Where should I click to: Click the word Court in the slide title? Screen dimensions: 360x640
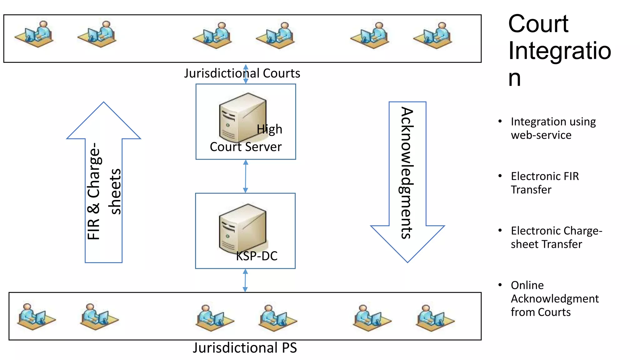(x=538, y=24)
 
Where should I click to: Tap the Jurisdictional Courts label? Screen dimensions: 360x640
(x=242, y=73)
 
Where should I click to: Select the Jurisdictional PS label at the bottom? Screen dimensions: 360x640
(x=245, y=348)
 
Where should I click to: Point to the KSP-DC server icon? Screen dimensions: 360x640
(x=242, y=228)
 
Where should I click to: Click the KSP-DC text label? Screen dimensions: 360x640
(x=257, y=256)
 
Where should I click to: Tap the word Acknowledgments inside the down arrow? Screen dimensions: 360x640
(x=407, y=173)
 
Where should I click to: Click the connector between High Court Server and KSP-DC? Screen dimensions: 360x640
(x=246, y=176)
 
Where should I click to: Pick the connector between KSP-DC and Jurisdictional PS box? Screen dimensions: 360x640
(x=245, y=280)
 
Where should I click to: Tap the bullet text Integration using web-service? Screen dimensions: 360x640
(x=553, y=128)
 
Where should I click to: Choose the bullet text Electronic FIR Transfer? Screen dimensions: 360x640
(x=545, y=183)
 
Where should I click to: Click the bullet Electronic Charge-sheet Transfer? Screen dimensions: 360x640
(x=556, y=237)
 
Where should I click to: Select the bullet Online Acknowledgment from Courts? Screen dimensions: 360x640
(x=554, y=298)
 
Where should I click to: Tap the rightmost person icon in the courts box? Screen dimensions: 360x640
(x=433, y=35)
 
